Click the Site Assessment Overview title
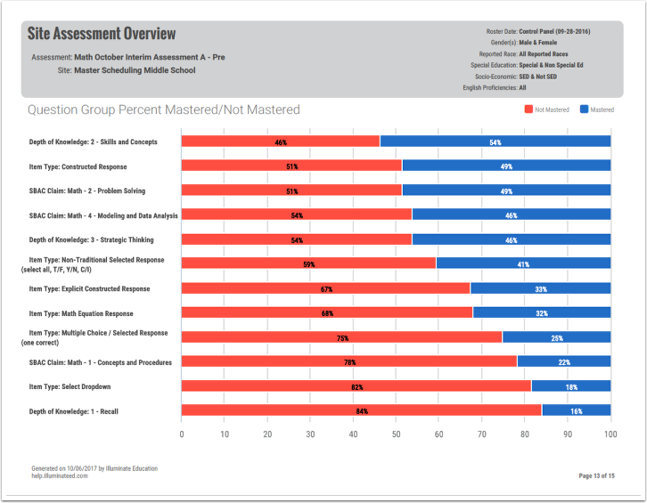tap(102, 34)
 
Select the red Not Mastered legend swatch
tap(528, 110)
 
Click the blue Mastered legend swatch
tap(584, 110)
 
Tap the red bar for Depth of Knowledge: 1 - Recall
tap(361, 410)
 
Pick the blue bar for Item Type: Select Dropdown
tap(570, 386)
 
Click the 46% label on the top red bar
tap(281, 142)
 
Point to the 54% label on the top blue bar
tap(495, 142)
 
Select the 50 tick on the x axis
tap(396, 434)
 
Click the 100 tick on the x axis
tap(610, 434)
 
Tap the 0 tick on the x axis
tap(182, 434)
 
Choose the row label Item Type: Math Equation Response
tap(81, 313)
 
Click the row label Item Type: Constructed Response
tap(78, 166)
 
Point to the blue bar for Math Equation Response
tap(541, 313)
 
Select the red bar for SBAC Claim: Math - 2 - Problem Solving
tap(291, 191)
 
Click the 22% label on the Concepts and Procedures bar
tap(563, 362)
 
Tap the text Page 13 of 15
tap(596, 476)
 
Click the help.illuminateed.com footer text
tap(59, 476)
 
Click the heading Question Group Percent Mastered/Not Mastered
tap(164, 110)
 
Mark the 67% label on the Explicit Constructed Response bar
tap(326, 289)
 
